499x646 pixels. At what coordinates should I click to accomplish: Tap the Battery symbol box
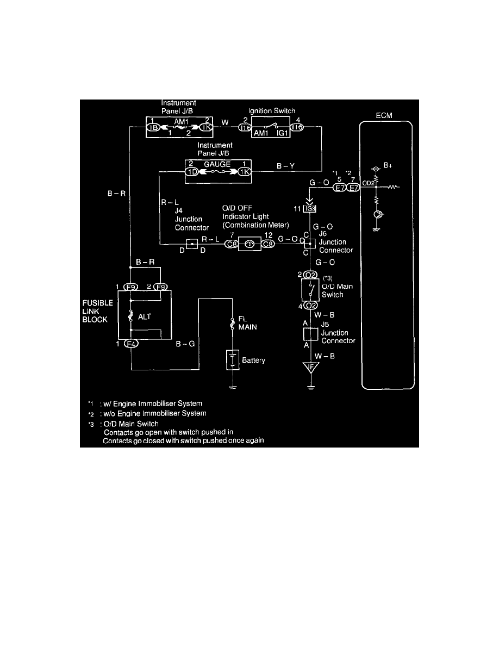(x=233, y=360)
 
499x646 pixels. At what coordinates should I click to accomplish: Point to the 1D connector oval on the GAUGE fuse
(x=192, y=172)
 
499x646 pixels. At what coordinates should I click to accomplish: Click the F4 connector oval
(x=132, y=344)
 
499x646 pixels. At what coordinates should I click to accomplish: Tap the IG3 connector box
(x=310, y=209)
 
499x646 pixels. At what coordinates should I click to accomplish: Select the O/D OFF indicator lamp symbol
(x=251, y=244)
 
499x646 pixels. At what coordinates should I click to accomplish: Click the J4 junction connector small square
(x=192, y=244)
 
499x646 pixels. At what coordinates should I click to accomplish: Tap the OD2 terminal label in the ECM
(x=368, y=183)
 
